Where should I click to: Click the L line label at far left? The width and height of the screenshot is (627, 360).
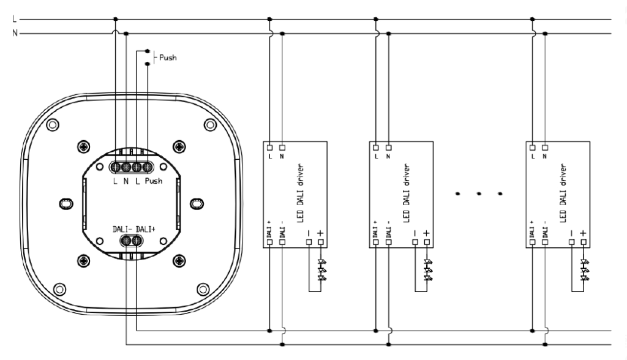coord(15,19)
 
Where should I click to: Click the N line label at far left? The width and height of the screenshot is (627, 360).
coord(15,33)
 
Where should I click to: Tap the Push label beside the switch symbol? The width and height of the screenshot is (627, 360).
coord(168,58)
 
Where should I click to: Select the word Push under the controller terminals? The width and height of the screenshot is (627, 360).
coord(154,181)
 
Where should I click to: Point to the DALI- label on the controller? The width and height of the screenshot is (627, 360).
coord(122,229)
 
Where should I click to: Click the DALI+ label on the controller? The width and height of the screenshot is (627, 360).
coord(146,229)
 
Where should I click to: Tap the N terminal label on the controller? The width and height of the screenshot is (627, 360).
coord(126,181)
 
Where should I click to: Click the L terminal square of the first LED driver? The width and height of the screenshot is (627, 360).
coord(270,148)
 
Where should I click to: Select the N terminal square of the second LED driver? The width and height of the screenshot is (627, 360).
coord(388,148)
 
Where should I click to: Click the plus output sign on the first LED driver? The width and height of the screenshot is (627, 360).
coord(320,233)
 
